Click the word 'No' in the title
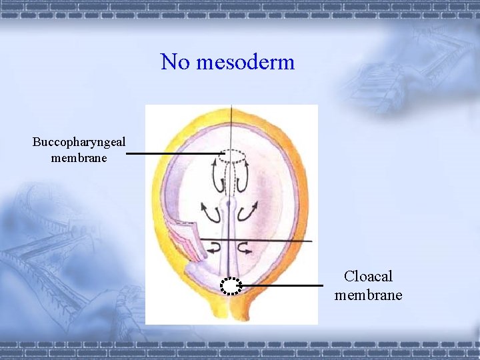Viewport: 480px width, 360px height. [x=175, y=63]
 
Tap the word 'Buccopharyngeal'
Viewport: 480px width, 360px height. [x=79, y=142]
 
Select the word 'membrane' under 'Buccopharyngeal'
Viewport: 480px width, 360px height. [x=79, y=158]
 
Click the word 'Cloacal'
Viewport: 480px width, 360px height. [x=369, y=277]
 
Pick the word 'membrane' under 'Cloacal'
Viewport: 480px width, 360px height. [x=369, y=295]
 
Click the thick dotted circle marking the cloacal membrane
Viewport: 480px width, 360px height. [x=231, y=286]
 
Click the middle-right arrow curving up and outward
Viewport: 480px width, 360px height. [x=249, y=212]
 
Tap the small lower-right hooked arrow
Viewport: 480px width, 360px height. [x=245, y=249]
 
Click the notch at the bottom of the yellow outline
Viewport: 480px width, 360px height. [x=231, y=313]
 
